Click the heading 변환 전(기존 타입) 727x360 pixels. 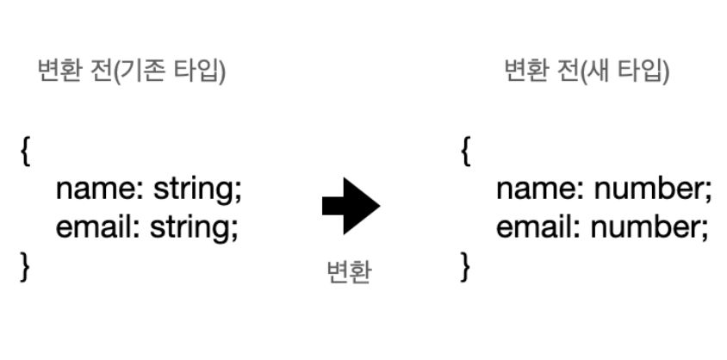[x=132, y=72]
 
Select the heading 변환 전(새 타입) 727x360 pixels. [x=587, y=72]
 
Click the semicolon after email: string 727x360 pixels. [x=233, y=229]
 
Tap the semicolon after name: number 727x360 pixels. [x=709, y=191]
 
